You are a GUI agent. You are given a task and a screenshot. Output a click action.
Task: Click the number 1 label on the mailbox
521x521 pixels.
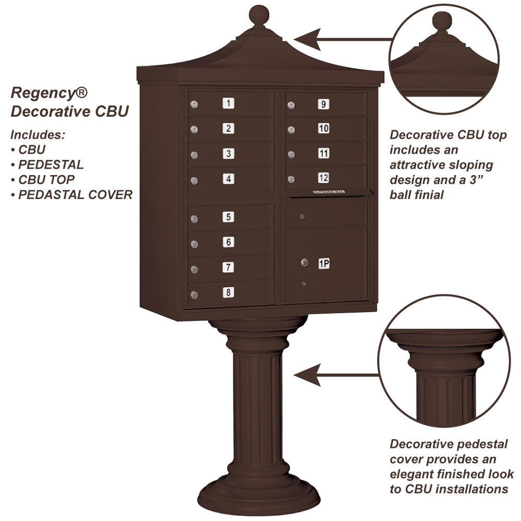(x=228, y=103)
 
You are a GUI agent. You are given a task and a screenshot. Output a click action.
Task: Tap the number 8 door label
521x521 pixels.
(x=228, y=292)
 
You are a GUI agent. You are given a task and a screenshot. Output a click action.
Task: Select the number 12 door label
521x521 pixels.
(x=324, y=178)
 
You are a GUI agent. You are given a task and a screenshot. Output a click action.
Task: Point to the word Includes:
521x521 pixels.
(x=38, y=134)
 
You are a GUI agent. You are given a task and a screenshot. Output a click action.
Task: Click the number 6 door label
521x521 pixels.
(x=228, y=242)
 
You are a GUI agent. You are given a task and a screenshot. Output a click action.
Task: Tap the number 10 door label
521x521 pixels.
(x=324, y=128)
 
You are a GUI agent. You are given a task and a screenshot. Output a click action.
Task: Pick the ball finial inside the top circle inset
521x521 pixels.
(x=442, y=22)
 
